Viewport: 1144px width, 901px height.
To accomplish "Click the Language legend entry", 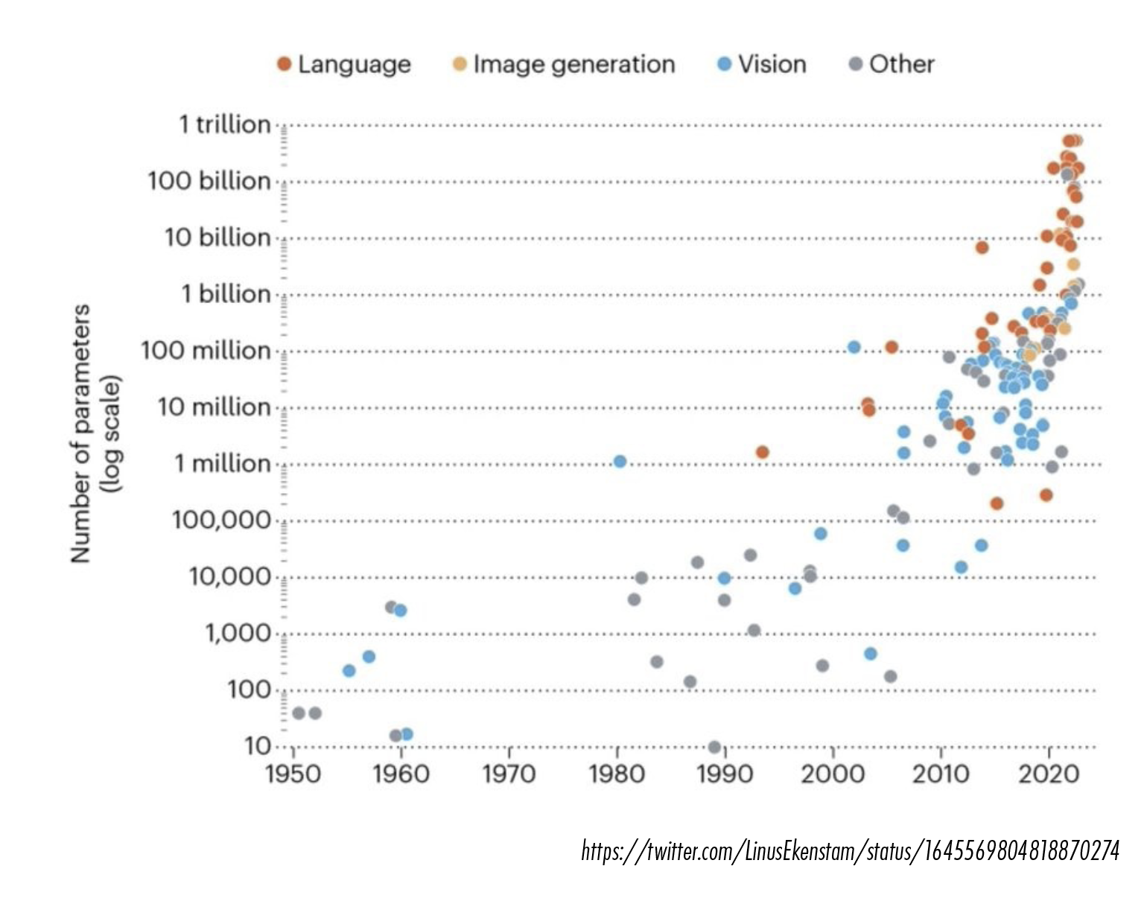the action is [x=344, y=65].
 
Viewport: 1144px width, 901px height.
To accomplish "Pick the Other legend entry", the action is [x=892, y=65].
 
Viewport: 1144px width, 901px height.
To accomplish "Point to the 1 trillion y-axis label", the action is [x=225, y=125].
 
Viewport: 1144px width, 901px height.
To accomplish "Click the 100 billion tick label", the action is [x=209, y=181].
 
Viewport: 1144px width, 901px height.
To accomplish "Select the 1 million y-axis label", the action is [x=223, y=464].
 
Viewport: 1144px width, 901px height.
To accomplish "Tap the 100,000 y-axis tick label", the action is [x=221, y=520].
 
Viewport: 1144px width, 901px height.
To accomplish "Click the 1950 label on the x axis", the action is [x=293, y=774].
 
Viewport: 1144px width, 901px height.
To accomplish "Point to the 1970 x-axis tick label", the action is [x=509, y=774].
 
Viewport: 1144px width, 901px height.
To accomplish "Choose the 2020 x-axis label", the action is [x=1049, y=774].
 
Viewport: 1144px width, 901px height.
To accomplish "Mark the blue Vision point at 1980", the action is [x=620, y=462].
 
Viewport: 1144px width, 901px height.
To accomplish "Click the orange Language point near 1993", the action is [x=762, y=452].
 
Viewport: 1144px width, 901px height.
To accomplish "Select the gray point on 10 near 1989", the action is [x=714, y=747].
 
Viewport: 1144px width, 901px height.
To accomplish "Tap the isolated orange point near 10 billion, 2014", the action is [x=982, y=247].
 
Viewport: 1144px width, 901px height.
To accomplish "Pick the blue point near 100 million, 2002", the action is [x=854, y=347].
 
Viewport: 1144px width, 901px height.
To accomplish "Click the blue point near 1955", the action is [x=349, y=671].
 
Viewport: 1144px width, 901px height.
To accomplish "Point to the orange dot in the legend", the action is [x=285, y=64].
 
